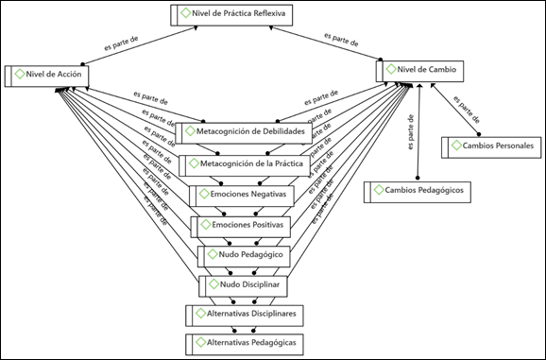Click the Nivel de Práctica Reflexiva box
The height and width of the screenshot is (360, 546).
(x=231, y=15)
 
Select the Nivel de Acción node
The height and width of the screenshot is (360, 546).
(x=46, y=76)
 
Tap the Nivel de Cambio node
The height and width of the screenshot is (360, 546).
(x=419, y=71)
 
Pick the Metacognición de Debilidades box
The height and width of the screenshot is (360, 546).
(x=244, y=133)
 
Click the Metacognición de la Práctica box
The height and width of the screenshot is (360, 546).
(x=245, y=165)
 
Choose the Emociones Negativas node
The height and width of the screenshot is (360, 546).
(x=242, y=196)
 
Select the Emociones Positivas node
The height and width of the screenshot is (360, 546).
(x=241, y=227)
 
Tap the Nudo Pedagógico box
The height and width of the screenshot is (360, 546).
(x=244, y=256)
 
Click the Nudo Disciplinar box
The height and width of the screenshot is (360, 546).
(x=243, y=286)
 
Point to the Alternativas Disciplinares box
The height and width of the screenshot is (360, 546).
(x=245, y=316)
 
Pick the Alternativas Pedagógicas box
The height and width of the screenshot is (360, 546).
(x=245, y=345)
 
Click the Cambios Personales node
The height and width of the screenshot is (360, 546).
(x=491, y=147)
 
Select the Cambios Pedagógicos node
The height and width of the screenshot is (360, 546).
(x=418, y=192)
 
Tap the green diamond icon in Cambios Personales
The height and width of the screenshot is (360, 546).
(x=456, y=146)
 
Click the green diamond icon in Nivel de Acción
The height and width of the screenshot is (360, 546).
(x=20, y=74)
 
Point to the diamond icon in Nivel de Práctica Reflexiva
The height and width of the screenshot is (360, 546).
(x=186, y=13)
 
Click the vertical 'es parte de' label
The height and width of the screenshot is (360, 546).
(x=411, y=132)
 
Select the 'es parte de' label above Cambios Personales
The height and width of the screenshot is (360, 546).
(x=467, y=110)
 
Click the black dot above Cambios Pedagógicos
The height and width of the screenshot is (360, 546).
(x=418, y=178)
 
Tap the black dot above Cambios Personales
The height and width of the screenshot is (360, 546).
(x=479, y=134)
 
